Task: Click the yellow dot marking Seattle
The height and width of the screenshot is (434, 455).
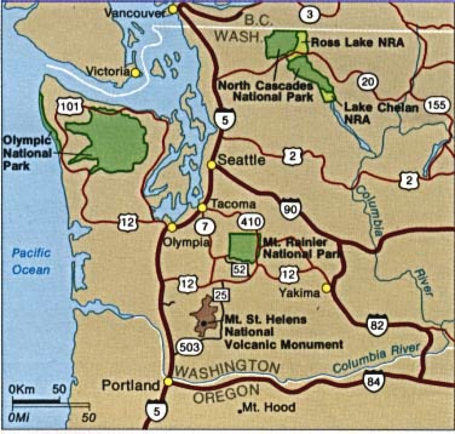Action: (x=212, y=165)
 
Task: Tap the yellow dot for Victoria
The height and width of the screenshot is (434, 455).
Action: (x=135, y=72)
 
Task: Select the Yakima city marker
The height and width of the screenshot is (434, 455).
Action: (x=327, y=288)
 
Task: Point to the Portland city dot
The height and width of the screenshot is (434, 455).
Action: (x=168, y=381)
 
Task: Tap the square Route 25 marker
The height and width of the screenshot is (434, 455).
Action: (x=221, y=294)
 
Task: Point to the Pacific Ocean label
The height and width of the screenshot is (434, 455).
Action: (x=31, y=261)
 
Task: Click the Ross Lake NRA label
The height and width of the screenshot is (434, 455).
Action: (x=357, y=43)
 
